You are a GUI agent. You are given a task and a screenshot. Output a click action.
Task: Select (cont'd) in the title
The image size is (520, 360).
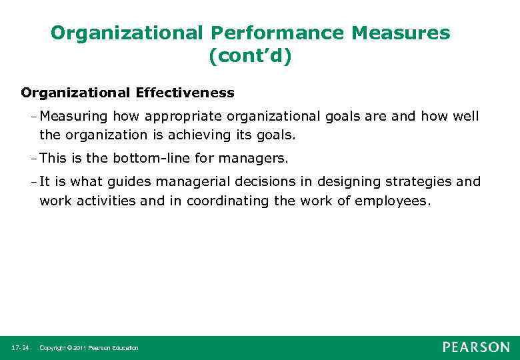tap(250, 57)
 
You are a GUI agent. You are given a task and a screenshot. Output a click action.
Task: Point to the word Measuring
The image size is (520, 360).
tap(73, 117)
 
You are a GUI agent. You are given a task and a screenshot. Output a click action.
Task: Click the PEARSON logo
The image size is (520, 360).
tap(476, 347)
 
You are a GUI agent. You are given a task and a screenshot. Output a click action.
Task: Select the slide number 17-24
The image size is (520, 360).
tap(19, 348)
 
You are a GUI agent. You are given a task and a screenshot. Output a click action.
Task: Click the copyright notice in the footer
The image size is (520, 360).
tap(89, 348)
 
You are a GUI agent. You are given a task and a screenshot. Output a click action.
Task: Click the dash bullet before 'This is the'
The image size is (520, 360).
tap(34, 158)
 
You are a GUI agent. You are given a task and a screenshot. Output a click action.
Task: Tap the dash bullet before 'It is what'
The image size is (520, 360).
tap(34, 182)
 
